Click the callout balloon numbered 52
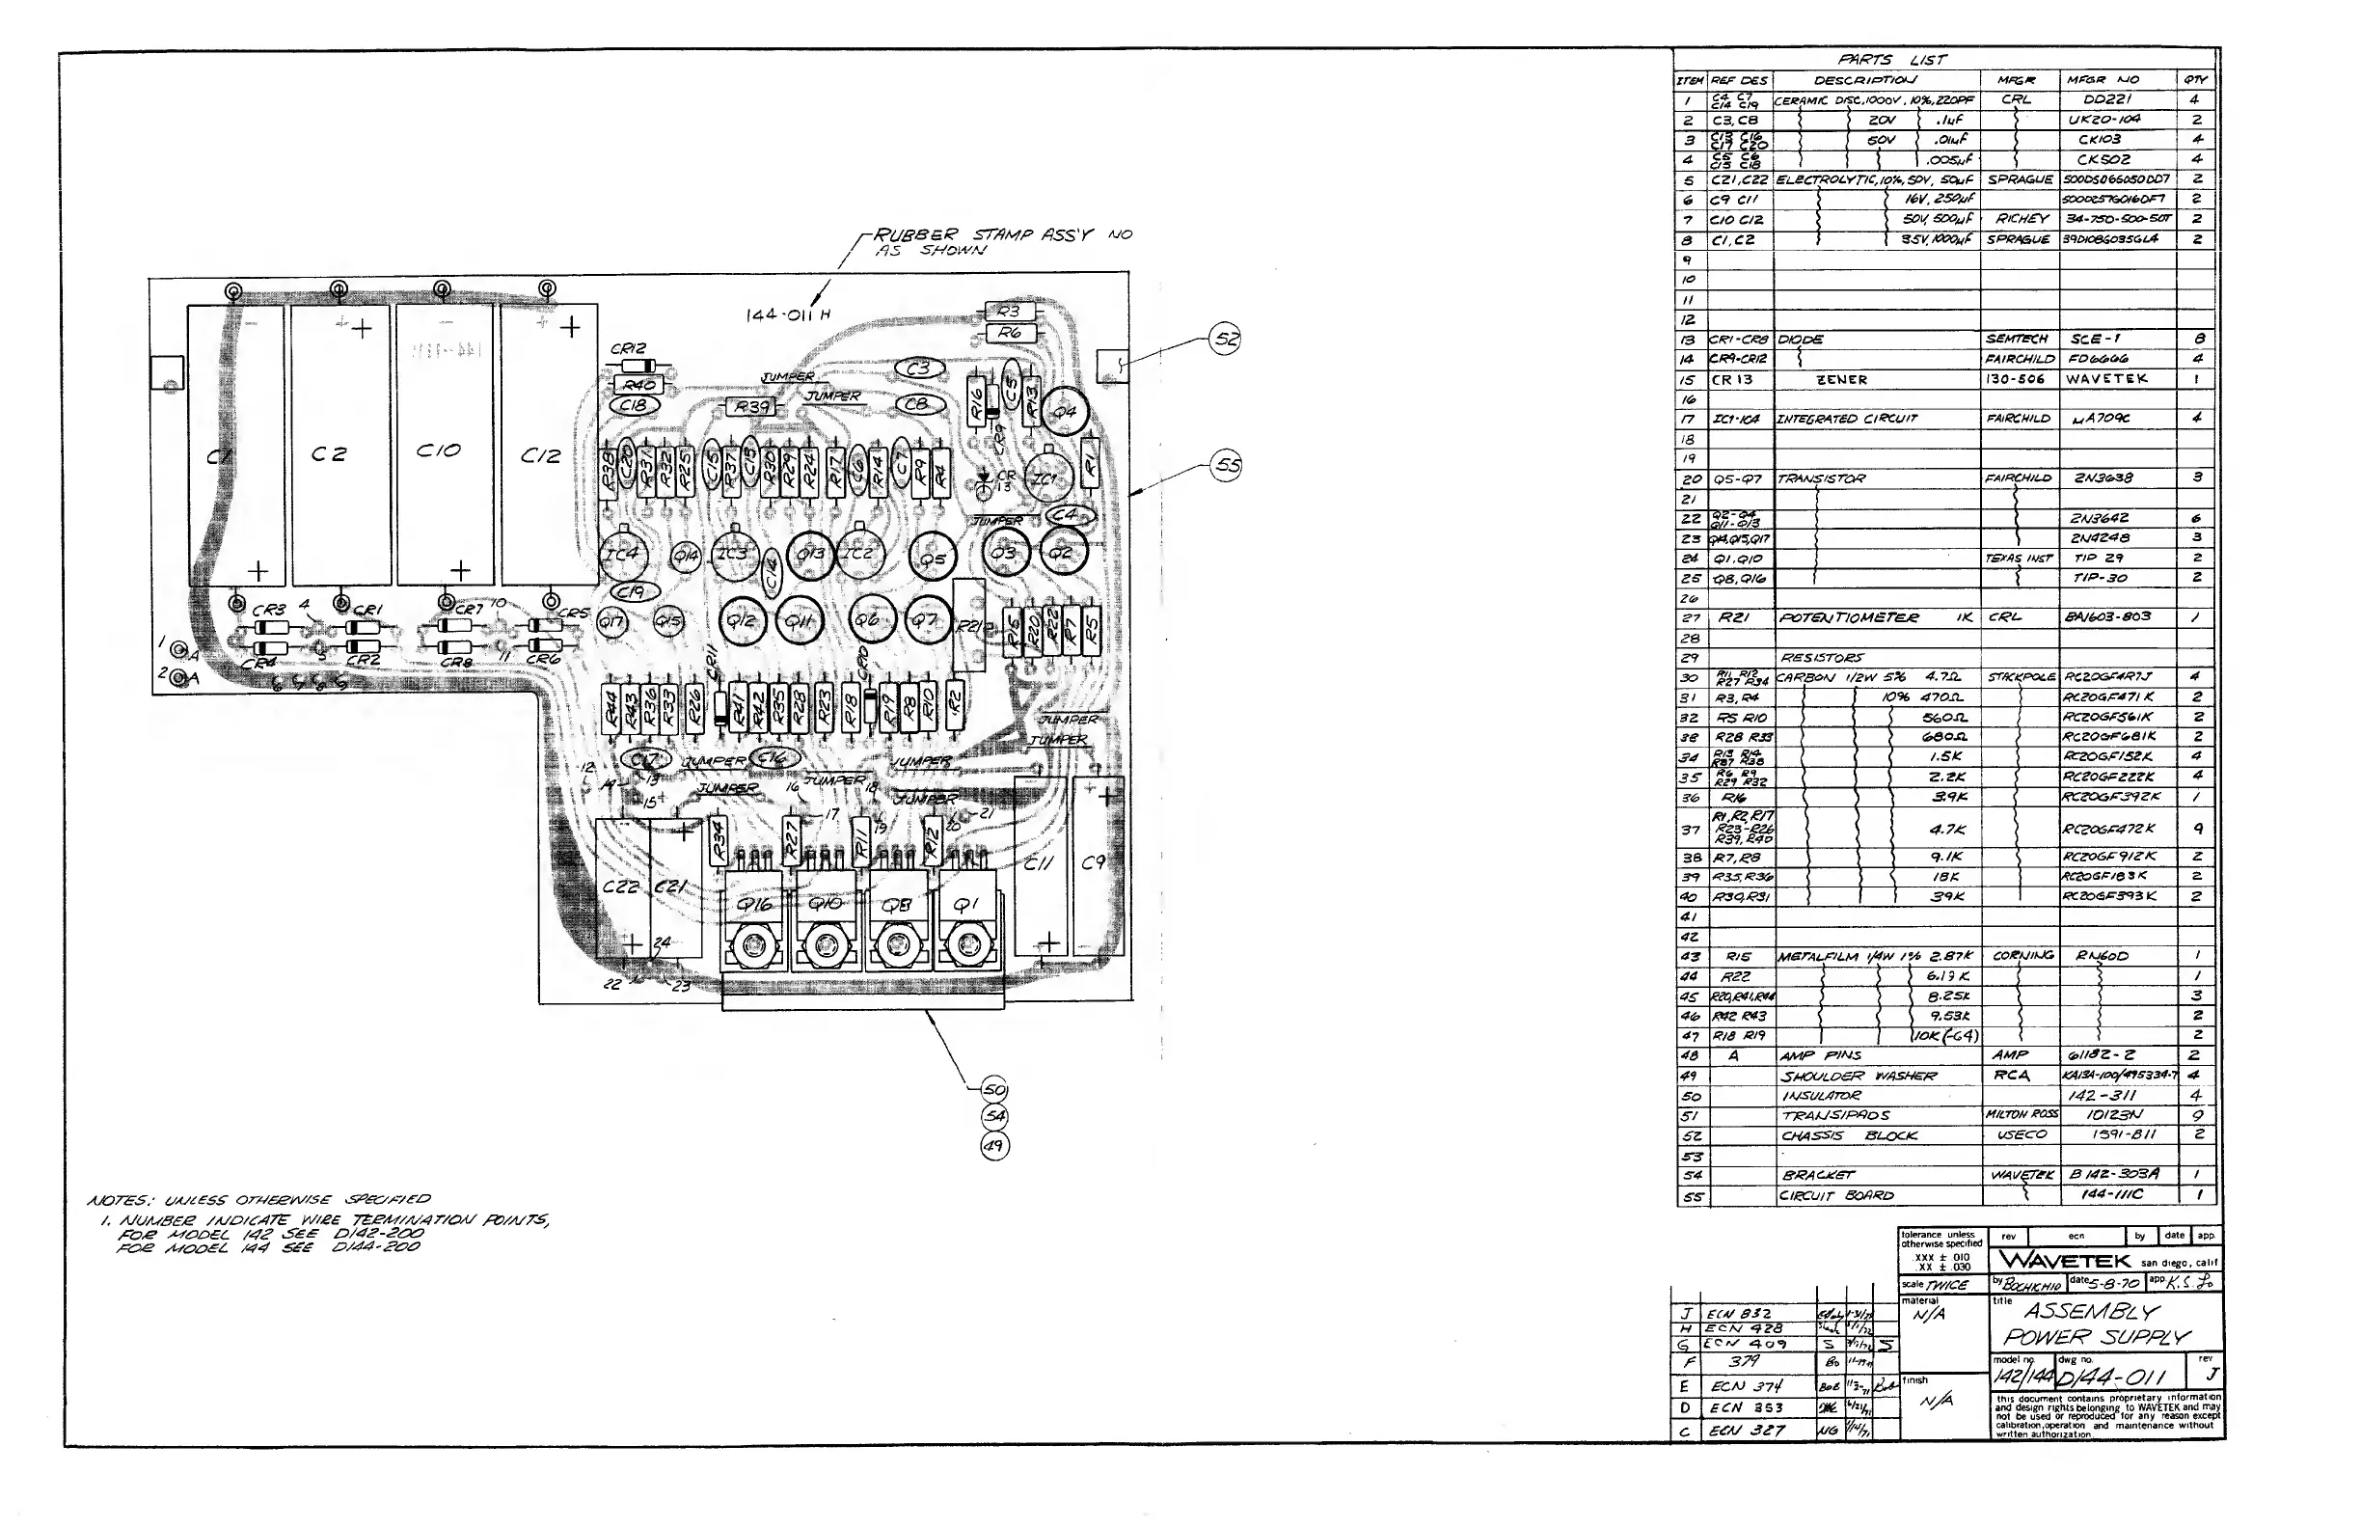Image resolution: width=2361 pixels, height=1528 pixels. coord(1227,339)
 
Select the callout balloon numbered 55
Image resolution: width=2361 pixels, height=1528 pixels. coord(1227,465)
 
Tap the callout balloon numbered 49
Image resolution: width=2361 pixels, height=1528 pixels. coord(994,1146)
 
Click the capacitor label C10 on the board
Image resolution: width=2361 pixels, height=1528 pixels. coord(438,450)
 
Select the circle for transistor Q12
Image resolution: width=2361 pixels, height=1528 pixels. coord(741,621)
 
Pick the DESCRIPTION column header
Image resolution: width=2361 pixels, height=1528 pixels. coord(1864,79)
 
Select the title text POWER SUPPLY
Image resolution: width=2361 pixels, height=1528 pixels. coord(2094,1338)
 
